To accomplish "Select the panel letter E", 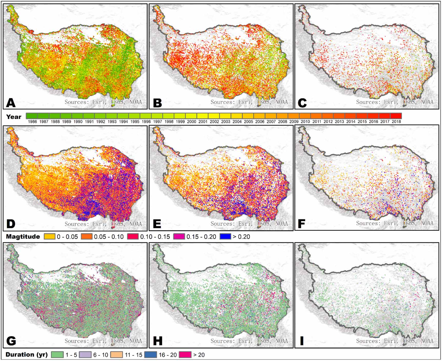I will (x=157, y=224).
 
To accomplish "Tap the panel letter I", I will (x=302, y=341).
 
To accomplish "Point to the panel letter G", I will (x=11, y=341).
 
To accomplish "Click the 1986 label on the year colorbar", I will (x=32, y=122).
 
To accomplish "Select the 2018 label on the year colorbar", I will (x=396, y=122).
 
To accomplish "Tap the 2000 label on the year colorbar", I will (x=191, y=122).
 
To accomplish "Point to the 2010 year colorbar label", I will (x=305, y=122).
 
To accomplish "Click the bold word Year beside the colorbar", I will (x=14, y=117).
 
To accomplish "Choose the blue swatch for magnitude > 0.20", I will (x=225, y=236).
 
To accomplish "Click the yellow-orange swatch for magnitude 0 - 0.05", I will (x=49, y=236).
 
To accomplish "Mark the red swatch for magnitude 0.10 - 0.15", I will (x=133, y=236).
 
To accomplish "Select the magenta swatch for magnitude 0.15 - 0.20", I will (x=179, y=236).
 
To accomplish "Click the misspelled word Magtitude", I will (x=23, y=236).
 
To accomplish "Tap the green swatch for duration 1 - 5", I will (x=57, y=355).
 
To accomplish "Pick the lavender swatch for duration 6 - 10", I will (x=85, y=355).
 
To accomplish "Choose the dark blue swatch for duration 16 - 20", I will (x=150, y=355).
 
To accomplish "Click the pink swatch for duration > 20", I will (x=185, y=355).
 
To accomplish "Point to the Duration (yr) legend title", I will (x=27, y=355).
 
